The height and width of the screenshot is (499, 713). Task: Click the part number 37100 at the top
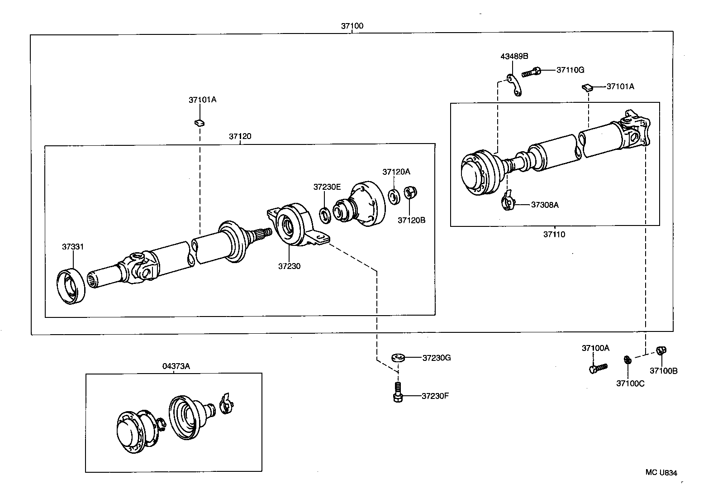point(352,26)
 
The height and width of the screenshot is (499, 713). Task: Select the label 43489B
point(514,57)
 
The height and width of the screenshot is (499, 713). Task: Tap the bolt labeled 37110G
point(531,72)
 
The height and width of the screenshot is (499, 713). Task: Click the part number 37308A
point(545,205)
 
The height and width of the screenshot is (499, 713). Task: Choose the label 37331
point(73,247)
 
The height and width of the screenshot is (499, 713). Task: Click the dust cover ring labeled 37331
point(70,287)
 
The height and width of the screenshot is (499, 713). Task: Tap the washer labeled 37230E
point(325,215)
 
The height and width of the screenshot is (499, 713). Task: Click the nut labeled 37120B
point(410,192)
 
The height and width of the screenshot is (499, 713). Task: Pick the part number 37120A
point(396,172)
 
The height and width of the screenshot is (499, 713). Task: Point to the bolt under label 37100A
point(597,368)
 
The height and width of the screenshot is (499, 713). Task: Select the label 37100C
point(630,384)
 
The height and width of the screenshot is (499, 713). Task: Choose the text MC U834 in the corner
point(661,473)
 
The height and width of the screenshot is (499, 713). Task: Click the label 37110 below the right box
point(554,235)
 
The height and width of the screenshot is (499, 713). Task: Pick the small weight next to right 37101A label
point(586,87)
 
